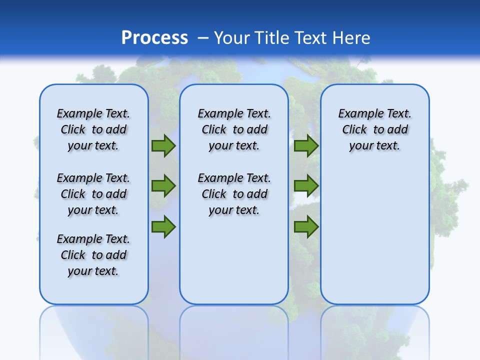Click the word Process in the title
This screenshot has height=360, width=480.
[154, 38]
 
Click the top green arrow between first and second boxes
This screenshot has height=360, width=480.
[163, 146]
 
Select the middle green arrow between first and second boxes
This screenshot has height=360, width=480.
[163, 186]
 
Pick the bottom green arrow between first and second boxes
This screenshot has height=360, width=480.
[163, 226]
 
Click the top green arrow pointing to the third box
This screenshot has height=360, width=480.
[306, 146]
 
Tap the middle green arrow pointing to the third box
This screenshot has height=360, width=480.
[306, 186]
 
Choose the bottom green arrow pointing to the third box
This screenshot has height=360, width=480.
[306, 226]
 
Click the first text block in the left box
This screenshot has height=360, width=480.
[93, 129]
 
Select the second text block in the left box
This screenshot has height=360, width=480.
[93, 194]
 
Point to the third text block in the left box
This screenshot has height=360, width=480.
[93, 255]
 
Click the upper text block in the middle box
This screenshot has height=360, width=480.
[234, 129]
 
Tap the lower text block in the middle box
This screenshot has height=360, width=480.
[234, 194]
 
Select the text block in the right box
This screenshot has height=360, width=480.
[374, 129]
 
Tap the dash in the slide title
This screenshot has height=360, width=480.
[203, 38]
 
